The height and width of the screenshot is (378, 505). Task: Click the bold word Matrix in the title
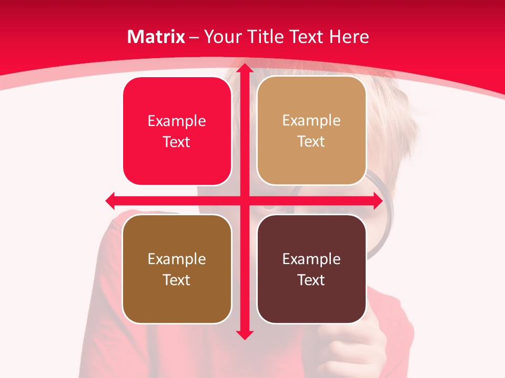pos(156,37)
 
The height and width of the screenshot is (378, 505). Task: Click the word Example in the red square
pos(177,121)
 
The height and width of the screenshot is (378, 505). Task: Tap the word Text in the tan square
pos(311,142)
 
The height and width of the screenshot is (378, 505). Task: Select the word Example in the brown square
pos(177,259)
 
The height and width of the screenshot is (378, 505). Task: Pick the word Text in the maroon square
pos(311,280)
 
